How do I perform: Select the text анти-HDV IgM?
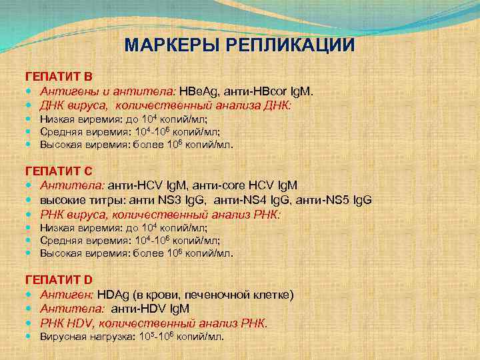click(150, 309)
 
